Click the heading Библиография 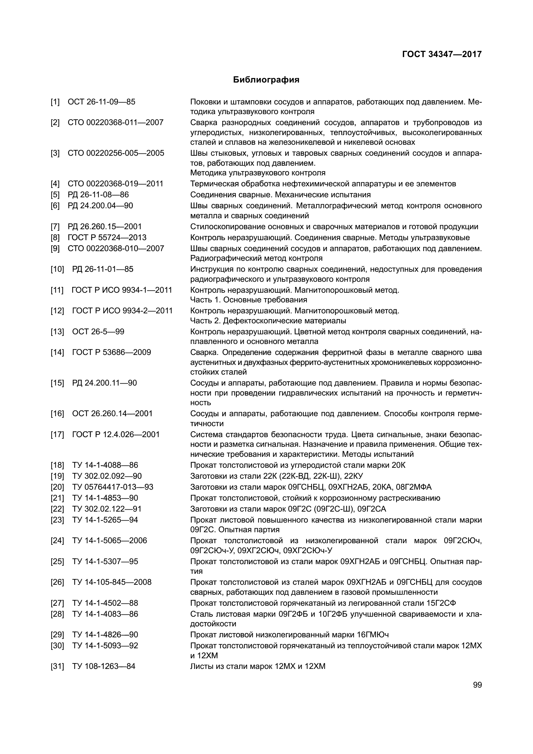click(x=266, y=80)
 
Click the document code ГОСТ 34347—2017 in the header click(x=441, y=54)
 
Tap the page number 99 click(x=478, y=685)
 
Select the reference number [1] click(x=55, y=102)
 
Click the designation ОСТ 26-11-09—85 click(x=102, y=102)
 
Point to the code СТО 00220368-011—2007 click(x=116, y=122)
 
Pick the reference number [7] click(x=55, y=227)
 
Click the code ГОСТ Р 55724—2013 click(x=107, y=238)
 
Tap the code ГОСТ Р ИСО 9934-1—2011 click(x=122, y=290)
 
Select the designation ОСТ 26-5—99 click(x=98, y=332)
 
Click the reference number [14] click(x=57, y=352)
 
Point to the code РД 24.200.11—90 click(x=104, y=383)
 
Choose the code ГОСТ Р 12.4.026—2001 click(x=116, y=435)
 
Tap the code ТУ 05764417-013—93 click(x=112, y=487)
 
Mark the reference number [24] click(x=57, y=541)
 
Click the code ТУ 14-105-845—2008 click(x=111, y=582)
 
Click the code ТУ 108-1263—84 click(x=104, y=666)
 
